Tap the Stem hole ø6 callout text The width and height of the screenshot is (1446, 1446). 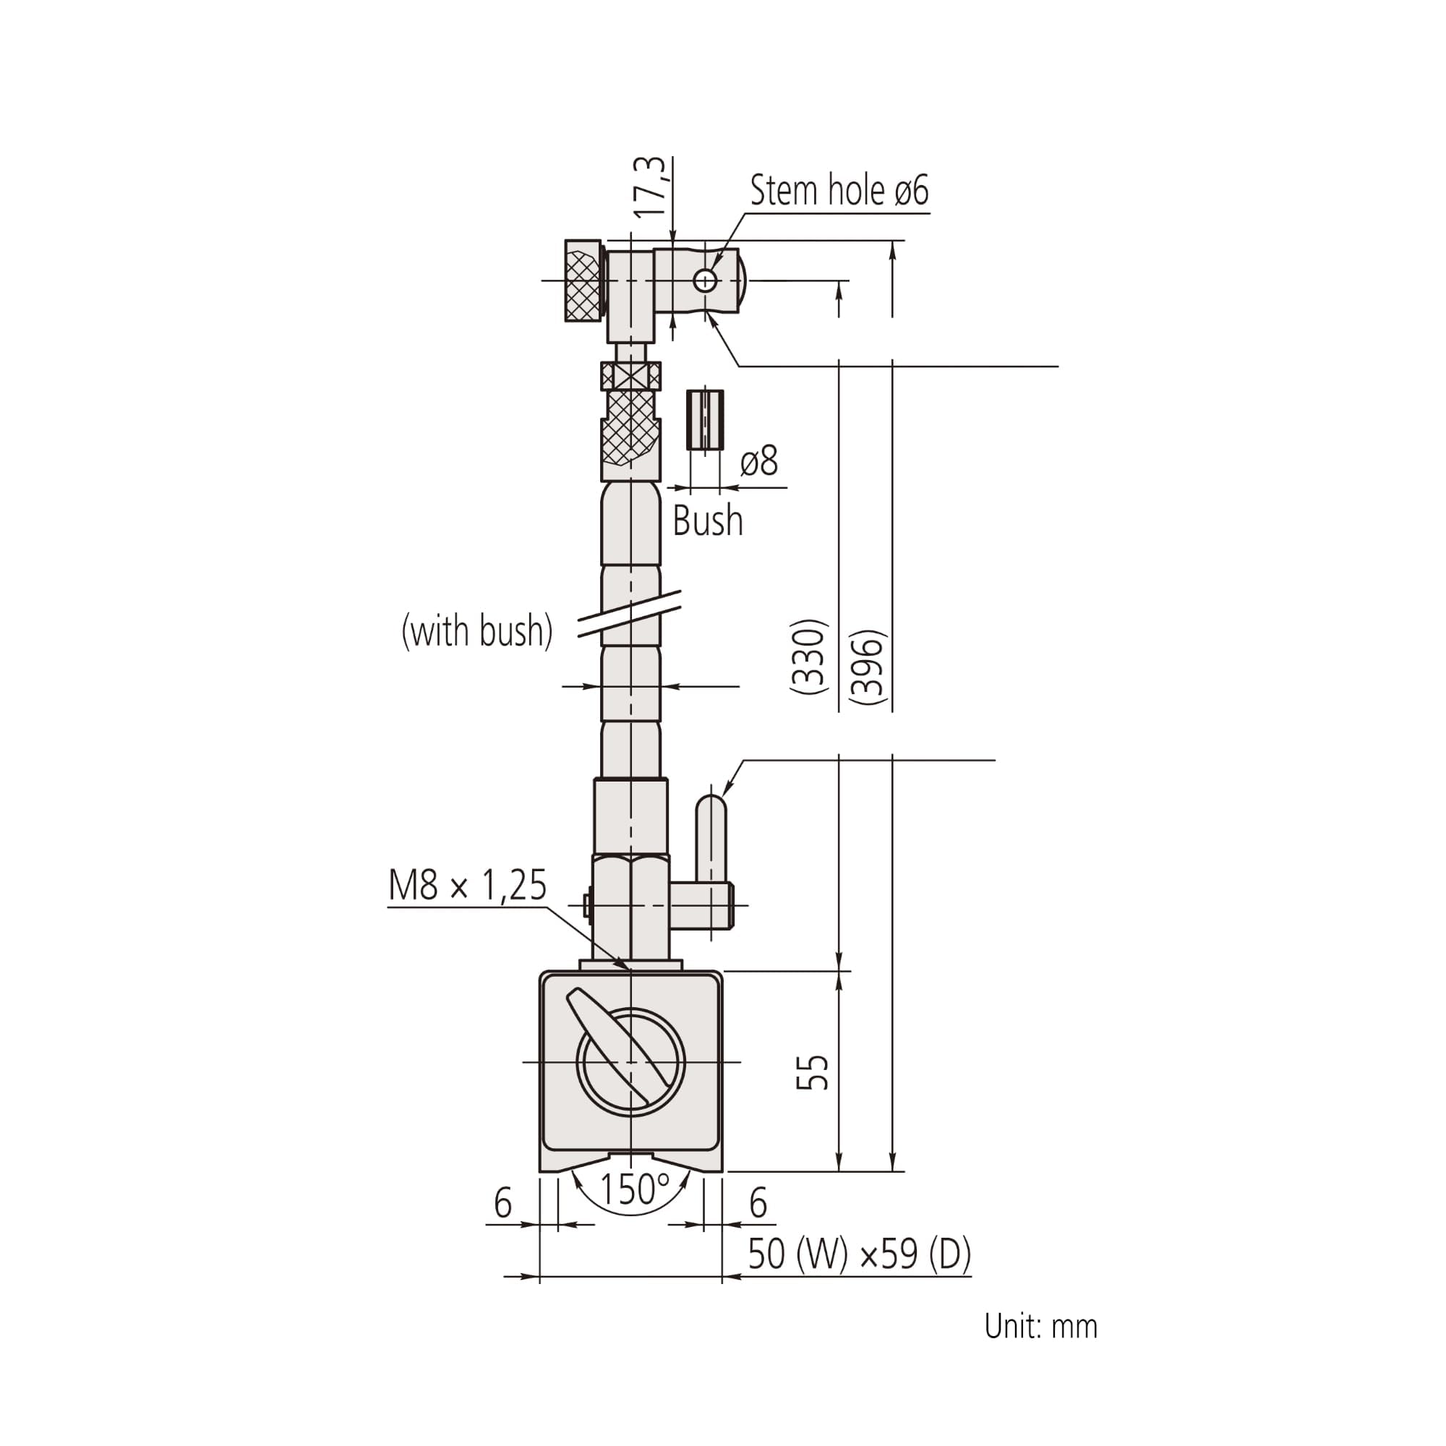(x=839, y=190)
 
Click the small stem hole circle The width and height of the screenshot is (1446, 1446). (x=705, y=281)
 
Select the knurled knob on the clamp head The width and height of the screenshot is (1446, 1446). (x=583, y=281)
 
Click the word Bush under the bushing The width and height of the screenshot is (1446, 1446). (x=708, y=521)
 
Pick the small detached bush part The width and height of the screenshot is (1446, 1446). (x=705, y=420)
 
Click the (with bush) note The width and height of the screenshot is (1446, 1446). (x=477, y=631)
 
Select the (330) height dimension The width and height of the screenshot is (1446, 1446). (x=809, y=656)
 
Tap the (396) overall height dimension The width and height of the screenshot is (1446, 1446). (x=869, y=667)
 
